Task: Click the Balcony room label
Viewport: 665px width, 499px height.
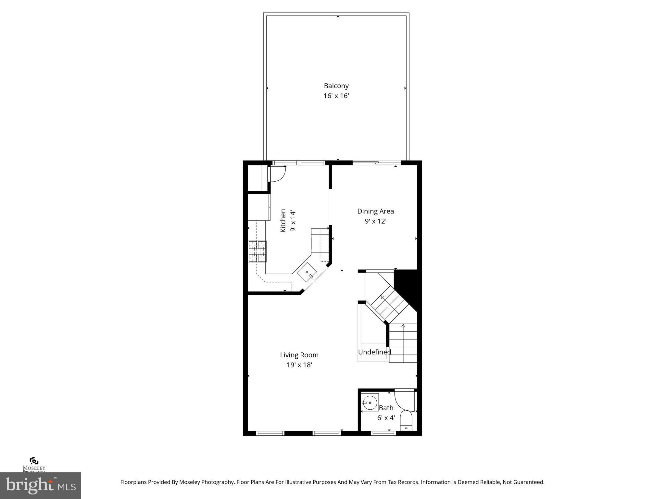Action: tap(336, 86)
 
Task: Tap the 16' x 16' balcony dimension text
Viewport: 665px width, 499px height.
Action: tap(336, 96)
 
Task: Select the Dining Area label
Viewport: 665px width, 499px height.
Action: tap(375, 211)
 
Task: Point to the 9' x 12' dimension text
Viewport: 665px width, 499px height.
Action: tap(375, 221)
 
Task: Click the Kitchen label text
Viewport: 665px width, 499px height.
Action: tap(283, 221)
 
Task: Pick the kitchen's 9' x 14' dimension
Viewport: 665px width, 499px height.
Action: tap(293, 221)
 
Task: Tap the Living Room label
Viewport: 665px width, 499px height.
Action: tap(299, 355)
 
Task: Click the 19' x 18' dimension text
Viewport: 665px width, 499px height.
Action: tap(299, 365)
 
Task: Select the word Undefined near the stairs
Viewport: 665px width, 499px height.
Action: tap(374, 352)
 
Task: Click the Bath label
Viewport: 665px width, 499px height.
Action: tap(386, 408)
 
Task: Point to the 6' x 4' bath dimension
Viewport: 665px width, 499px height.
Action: tap(386, 418)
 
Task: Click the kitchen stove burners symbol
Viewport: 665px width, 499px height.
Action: tap(257, 251)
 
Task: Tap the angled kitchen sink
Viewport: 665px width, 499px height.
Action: tap(307, 272)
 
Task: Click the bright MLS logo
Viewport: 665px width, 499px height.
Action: tap(41, 485)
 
